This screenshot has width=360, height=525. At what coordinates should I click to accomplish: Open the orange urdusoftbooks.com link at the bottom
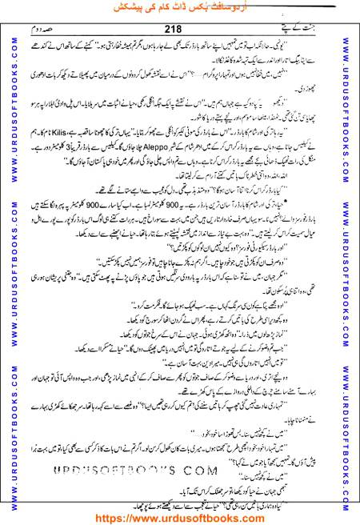point(180,516)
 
